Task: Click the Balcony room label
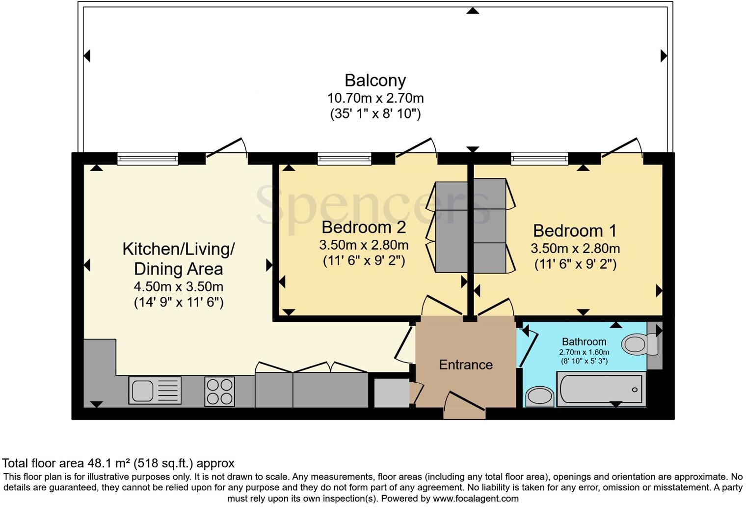375,80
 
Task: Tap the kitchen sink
155,391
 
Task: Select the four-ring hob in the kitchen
219,391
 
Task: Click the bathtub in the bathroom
601,389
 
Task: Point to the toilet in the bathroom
638,344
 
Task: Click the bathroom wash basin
539,396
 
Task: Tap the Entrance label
465,365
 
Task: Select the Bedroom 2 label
364,227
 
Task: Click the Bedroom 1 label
575,230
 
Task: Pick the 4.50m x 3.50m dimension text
179,286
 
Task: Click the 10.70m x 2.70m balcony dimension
375,98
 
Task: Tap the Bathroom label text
584,341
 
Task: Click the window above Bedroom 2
344,158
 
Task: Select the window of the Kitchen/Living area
148,158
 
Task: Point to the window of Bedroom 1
539,158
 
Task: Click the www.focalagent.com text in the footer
475,499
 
